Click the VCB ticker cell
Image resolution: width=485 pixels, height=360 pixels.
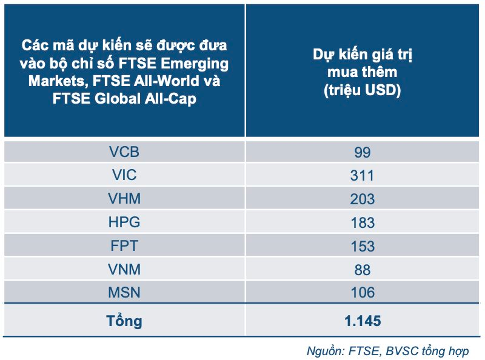124,152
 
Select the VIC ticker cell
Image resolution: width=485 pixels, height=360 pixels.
124,176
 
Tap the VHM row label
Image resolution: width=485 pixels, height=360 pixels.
124,199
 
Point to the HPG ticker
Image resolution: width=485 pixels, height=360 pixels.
124,222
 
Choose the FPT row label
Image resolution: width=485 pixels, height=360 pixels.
124,246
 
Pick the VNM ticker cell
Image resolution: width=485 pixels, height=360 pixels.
124,270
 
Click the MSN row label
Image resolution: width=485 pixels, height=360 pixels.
124,293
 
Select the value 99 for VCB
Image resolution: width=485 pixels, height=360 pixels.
363,152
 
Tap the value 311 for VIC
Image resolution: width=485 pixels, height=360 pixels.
363,176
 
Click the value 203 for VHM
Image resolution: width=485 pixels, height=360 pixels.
363,199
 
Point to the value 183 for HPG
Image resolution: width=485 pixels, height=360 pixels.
363,222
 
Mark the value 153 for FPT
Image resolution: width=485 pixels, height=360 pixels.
363,246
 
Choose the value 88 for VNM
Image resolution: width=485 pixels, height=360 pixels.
363,270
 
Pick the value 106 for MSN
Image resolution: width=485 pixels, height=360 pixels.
363,293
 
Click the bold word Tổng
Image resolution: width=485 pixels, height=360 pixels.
124,321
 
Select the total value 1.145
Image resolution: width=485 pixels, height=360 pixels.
363,321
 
